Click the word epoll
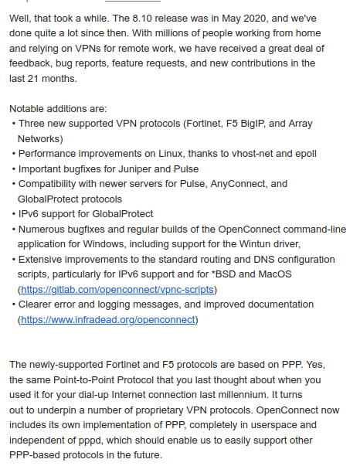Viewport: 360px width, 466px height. pos(303,154)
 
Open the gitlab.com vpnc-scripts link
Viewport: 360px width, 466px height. pos(117,289)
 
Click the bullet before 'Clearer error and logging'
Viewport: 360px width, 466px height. pos(14,304)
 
